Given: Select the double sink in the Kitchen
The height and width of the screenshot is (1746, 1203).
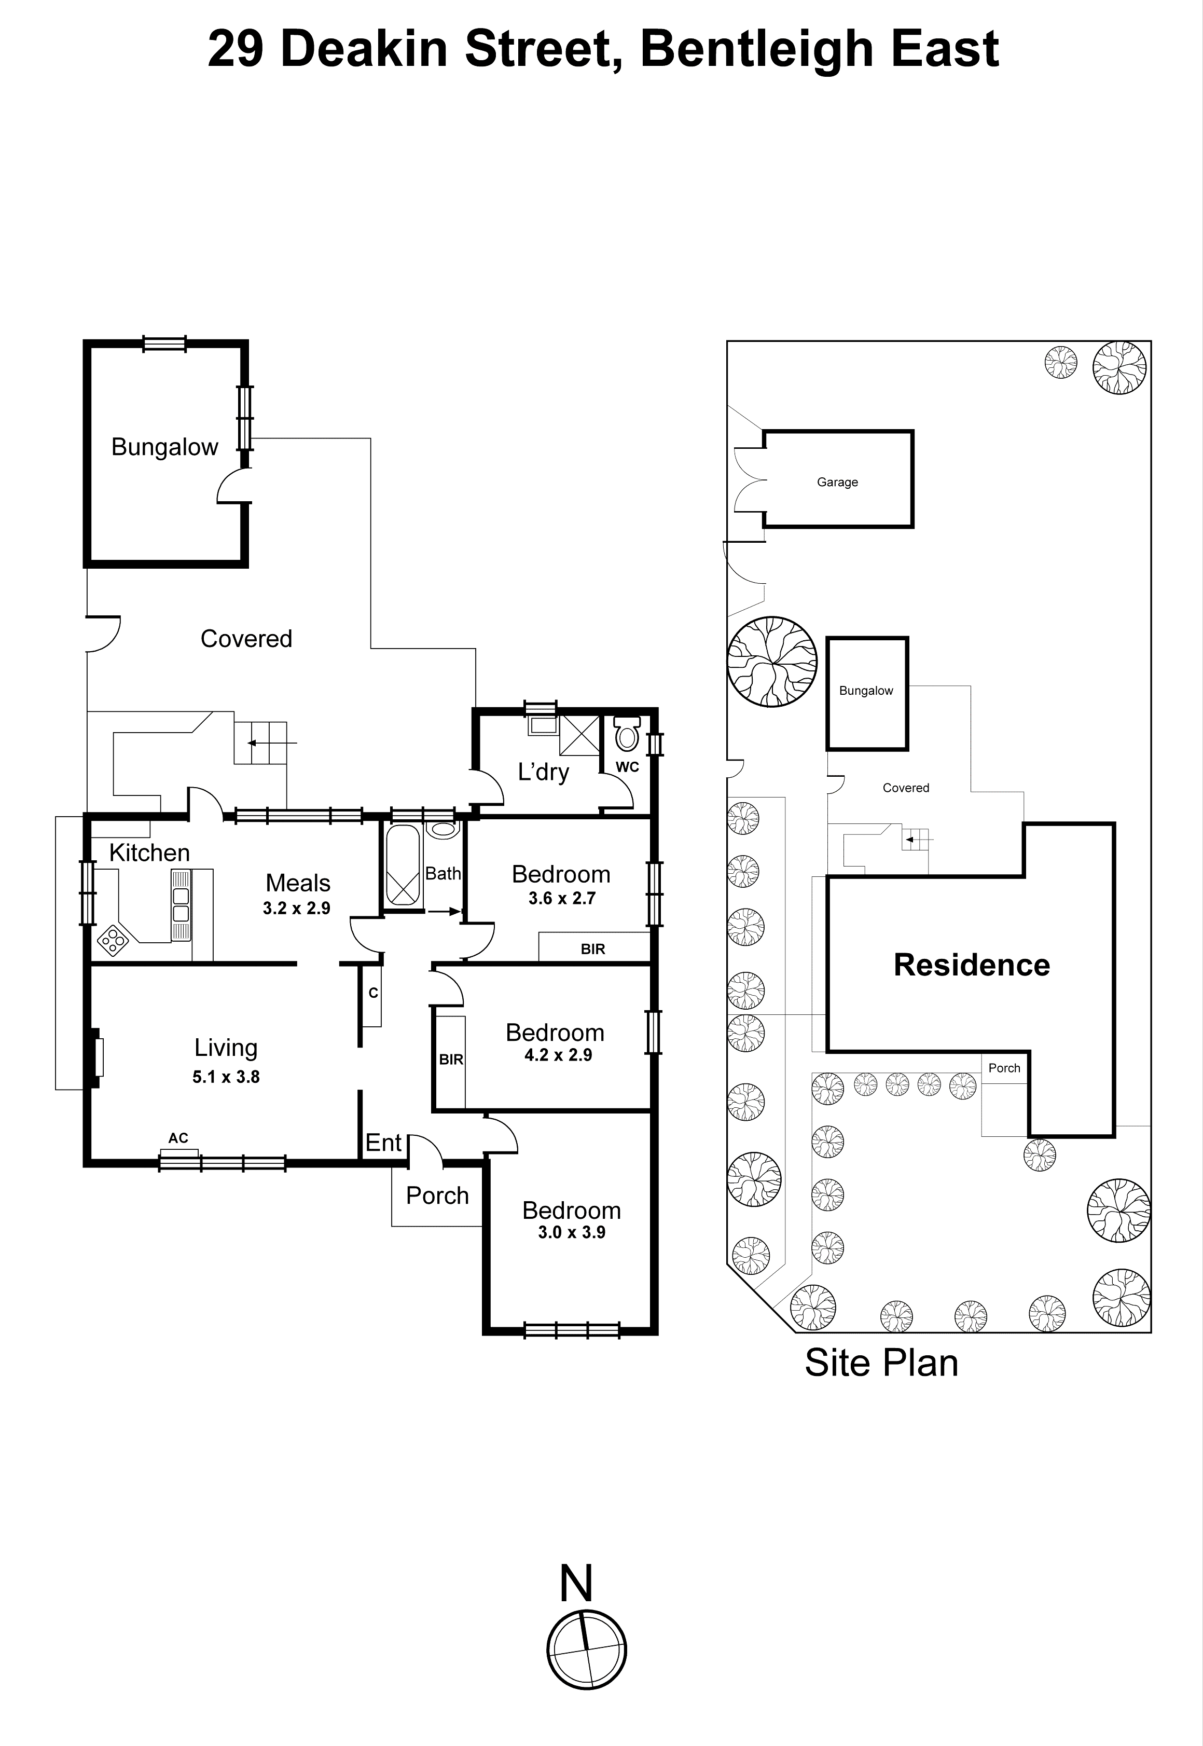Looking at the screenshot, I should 181,905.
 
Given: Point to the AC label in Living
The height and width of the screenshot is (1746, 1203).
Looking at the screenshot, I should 178,1138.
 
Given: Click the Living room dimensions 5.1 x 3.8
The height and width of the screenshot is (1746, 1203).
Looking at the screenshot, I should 225,1077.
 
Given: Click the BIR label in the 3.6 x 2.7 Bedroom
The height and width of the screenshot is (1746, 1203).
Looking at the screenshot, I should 592,949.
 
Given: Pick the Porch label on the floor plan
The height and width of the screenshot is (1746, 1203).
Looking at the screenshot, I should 437,1195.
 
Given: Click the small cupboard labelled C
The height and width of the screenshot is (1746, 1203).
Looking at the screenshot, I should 372,994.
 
